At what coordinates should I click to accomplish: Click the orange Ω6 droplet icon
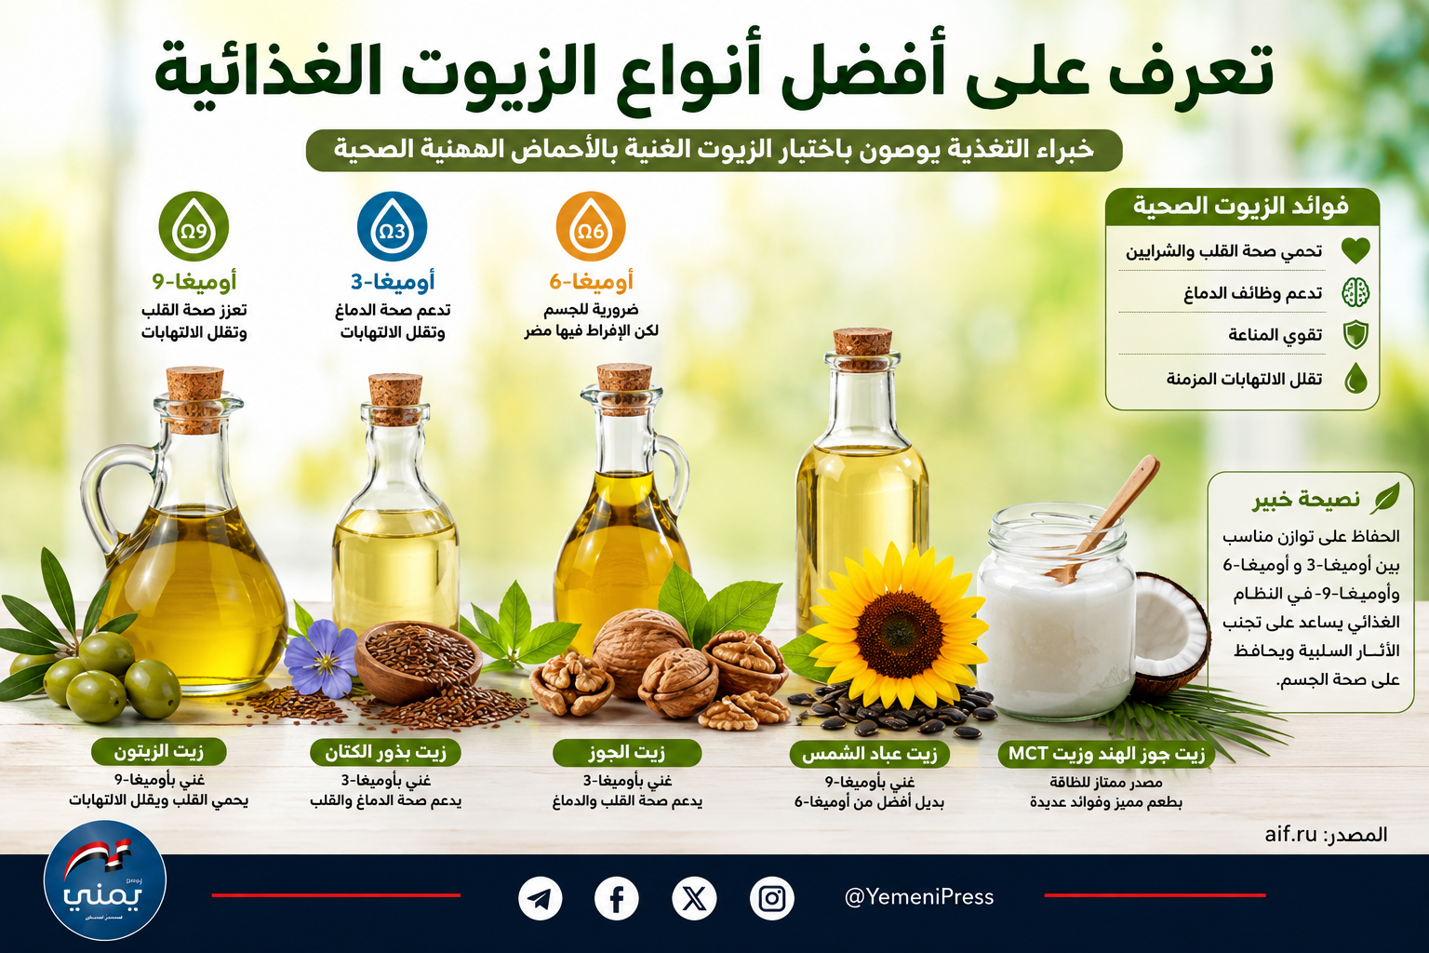[590, 226]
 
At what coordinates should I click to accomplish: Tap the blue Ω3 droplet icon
[392, 226]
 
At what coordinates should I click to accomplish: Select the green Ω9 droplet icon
[194, 226]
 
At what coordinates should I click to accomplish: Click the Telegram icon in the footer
[540, 899]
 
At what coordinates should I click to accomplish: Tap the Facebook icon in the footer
[616, 899]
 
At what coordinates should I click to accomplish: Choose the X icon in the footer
[694, 899]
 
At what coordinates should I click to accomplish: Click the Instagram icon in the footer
[772, 899]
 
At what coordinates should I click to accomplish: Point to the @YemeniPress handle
[918, 897]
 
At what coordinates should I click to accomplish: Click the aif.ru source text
[1290, 834]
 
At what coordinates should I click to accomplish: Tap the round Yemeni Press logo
[104, 880]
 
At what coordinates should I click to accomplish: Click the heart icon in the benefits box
[1356, 250]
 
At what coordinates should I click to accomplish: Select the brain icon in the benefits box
[1356, 293]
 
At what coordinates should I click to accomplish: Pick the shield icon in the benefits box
[1356, 335]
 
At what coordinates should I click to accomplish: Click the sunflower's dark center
[899, 635]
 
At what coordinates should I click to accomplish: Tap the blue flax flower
[321, 659]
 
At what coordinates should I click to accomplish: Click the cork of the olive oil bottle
[194, 398]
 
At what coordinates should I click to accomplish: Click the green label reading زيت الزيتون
[159, 752]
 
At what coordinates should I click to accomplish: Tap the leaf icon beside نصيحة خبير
[1384, 498]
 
